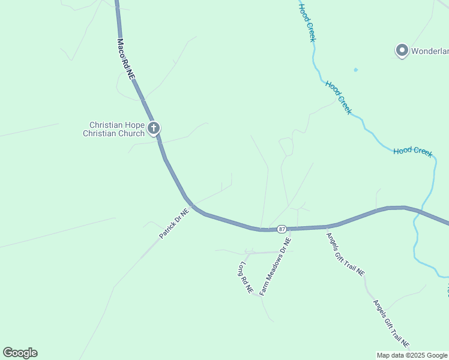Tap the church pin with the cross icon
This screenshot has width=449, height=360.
click(154, 128)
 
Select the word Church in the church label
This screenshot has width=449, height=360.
click(131, 133)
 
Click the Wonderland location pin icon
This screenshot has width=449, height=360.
click(402, 50)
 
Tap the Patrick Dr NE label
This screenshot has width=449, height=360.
click(174, 223)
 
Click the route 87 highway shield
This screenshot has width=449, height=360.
click(282, 229)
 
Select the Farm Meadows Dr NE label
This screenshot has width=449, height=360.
click(276, 266)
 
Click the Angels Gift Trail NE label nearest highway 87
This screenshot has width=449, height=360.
click(345, 253)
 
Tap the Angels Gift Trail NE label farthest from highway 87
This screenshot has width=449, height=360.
click(391, 324)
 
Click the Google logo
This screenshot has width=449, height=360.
click(20, 353)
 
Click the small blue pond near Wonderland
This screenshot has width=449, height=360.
click(355, 70)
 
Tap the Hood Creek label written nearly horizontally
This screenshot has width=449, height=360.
click(413, 151)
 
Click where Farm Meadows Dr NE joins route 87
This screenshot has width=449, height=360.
click(291, 229)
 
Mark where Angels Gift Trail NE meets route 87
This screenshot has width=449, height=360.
click(326, 227)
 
